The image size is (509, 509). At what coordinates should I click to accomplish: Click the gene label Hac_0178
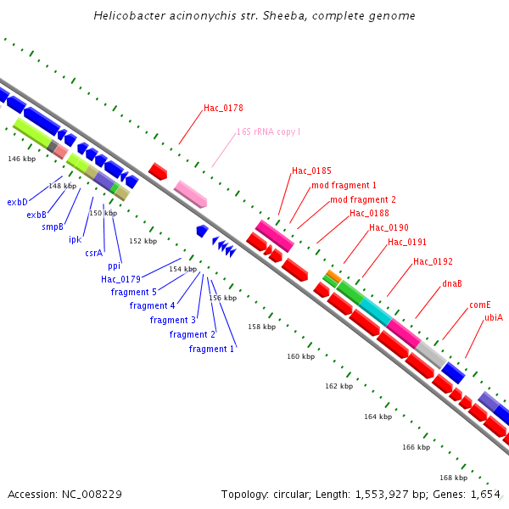click(x=223, y=109)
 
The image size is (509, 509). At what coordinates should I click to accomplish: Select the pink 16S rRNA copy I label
click(x=268, y=132)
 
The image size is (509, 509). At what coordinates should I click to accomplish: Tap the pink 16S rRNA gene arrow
click(x=190, y=194)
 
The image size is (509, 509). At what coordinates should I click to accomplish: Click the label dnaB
click(x=451, y=283)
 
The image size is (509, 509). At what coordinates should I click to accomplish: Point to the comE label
click(x=479, y=305)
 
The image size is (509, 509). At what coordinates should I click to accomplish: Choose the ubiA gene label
click(x=494, y=317)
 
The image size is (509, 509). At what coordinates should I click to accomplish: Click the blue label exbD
click(x=17, y=203)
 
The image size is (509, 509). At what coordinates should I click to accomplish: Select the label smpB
click(x=53, y=227)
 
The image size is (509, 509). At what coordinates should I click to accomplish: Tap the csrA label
click(x=93, y=253)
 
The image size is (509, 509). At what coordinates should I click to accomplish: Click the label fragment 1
click(x=211, y=350)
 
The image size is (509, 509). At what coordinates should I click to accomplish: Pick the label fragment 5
click(x=133, y=292)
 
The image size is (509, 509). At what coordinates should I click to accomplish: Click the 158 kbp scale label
click(x=261, y=327)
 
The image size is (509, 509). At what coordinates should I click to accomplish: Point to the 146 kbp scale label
click(x=21, y=159)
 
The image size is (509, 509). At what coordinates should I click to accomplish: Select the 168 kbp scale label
click(x=453, y=477)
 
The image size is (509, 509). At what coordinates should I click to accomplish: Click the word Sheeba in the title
click(x=255, y=16)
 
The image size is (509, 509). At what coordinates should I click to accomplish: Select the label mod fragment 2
click(x=363, y=199)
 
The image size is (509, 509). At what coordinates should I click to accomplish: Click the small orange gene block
click(x=333, y=276)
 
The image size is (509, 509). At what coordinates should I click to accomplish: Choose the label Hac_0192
click(x=433, y=261)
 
